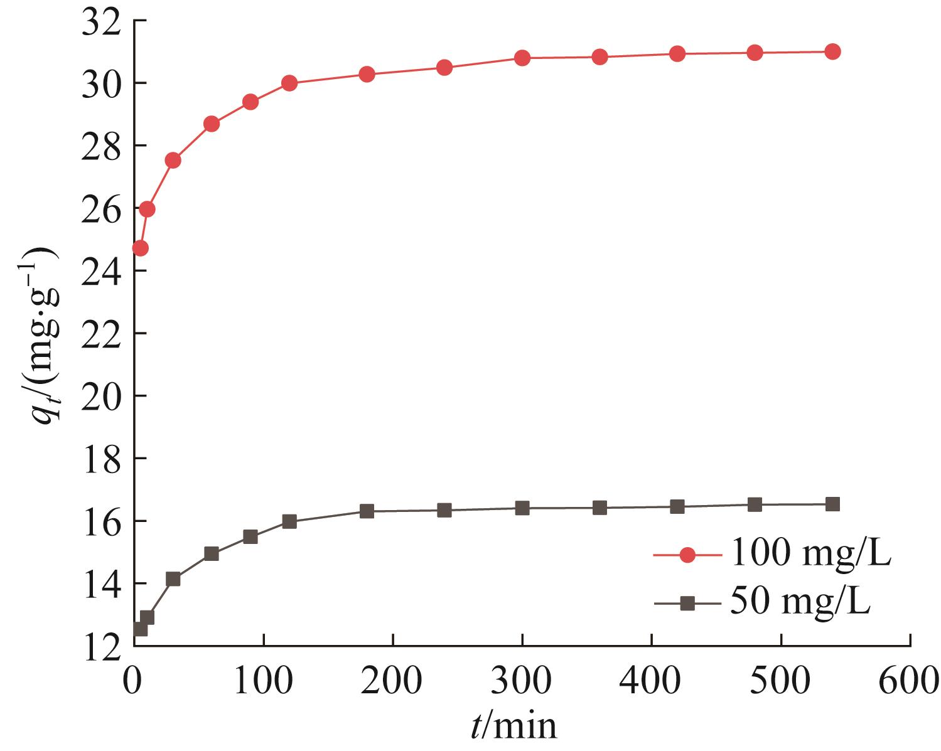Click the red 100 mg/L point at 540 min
point(832,51)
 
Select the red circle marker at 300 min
point(522,58)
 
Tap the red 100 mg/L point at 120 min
point(289,83)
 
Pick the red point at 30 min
point(173,160)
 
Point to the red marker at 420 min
point(677,53)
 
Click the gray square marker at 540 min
point(832,504)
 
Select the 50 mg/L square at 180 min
point(367,511)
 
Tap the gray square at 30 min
point(173,578)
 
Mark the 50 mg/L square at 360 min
point(600,508)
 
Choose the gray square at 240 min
point(444,510)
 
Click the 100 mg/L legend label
point(809,555)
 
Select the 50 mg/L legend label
point(799,602)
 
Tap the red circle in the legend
point(687,555)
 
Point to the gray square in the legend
point(687,603)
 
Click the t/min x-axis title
point(514,727)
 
